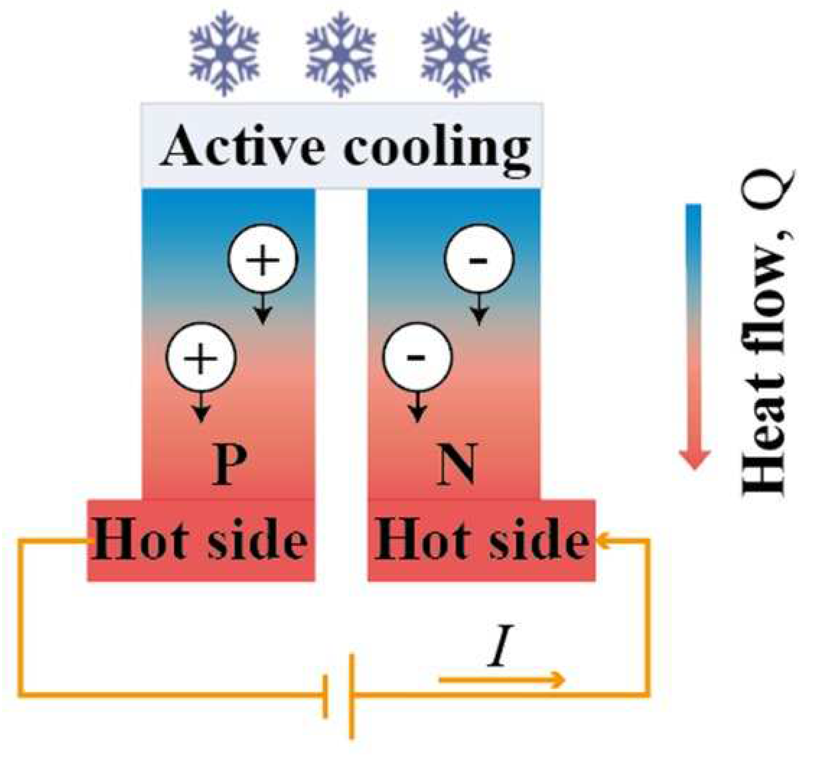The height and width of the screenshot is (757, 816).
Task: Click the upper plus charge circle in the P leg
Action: click(263, 259)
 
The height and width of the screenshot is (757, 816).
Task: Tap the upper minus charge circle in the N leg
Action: click(479, 259)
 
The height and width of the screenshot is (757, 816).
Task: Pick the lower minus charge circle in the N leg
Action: click(418, 357)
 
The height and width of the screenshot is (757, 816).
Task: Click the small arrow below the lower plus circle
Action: click(200, 407)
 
